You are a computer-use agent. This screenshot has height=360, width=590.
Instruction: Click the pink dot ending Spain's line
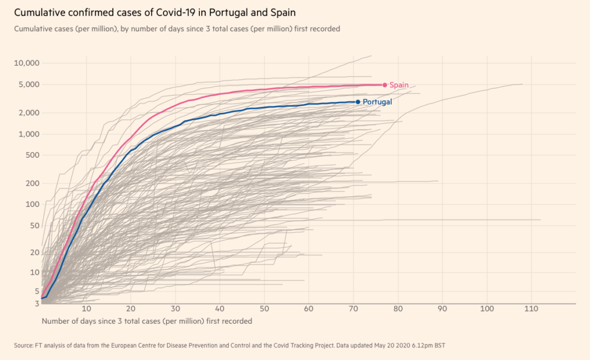385,85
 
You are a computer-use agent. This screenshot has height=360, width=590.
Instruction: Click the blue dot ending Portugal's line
358,102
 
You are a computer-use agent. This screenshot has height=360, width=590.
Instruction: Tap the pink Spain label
399,85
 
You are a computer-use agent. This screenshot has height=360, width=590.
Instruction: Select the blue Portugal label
377,102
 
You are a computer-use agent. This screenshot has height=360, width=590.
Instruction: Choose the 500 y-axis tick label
32,155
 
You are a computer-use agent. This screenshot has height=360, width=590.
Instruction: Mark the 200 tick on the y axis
32,183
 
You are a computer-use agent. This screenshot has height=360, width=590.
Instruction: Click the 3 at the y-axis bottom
36,303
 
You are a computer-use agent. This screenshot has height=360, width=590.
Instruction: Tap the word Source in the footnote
23,346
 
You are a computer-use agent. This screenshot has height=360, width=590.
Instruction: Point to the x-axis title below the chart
147,321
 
